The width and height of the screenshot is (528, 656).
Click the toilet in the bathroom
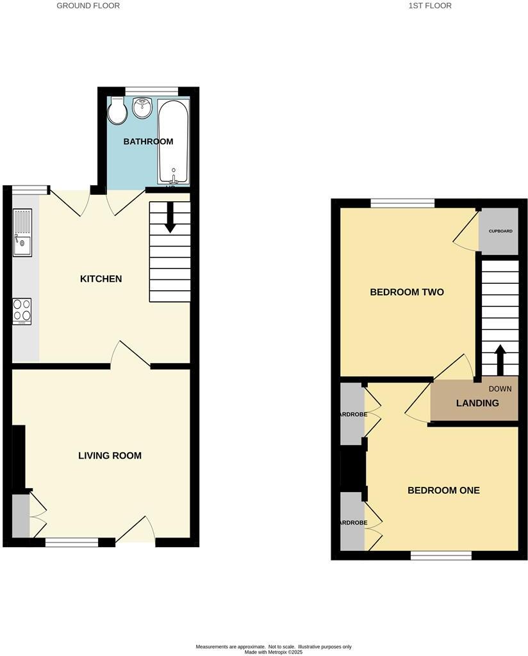point(117,111)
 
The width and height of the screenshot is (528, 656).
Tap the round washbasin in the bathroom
point(142,108)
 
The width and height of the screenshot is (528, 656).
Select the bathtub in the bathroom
point(173,142)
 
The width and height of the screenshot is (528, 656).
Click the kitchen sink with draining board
point(22,234)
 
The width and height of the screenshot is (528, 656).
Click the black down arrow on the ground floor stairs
point(170,217)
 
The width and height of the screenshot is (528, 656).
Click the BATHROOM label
point(148,142)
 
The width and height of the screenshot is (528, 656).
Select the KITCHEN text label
point(101,279)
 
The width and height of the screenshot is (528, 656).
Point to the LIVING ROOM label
point(110,456)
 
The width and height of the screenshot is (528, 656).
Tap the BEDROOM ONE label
point(443,491)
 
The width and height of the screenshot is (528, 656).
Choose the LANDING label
point(477,404)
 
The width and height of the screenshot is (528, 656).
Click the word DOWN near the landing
point(500,389)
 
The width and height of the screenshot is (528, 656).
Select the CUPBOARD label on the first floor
point(500,231)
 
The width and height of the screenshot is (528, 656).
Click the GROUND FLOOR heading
point(88,6)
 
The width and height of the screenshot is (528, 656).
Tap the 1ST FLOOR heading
point(429,6)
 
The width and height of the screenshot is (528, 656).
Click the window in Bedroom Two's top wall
point(402,203)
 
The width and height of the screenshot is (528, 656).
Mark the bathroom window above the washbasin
point(151,90)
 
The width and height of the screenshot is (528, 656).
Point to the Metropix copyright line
point(274,652)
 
